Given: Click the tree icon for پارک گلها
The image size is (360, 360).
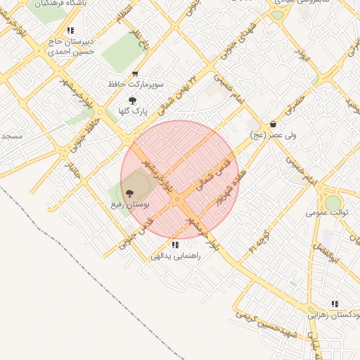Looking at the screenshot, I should point(131,101).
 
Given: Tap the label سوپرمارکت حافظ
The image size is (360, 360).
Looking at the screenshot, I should point(136,84).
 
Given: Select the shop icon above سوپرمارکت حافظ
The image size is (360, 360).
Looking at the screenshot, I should point(135,74).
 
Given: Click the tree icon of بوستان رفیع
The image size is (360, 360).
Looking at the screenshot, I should point(129,193).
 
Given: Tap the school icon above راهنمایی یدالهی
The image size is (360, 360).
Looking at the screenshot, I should point(174,245).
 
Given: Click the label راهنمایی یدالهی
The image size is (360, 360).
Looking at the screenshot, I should point(176,256).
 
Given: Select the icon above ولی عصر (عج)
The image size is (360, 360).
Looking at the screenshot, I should point(273,124).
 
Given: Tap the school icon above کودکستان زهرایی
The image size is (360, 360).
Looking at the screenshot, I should point(335,304).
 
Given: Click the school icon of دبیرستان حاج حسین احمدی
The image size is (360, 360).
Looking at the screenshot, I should point(70,30).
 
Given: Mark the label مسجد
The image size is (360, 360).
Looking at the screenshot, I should point(12,135).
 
